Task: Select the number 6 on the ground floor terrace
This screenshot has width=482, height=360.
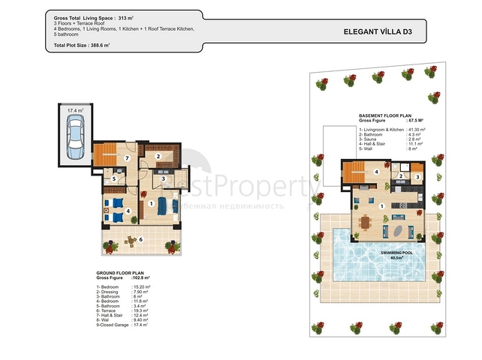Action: (140, 240)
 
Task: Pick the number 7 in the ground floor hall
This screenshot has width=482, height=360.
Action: (128, 159)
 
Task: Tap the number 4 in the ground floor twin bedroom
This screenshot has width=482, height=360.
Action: (128, 211)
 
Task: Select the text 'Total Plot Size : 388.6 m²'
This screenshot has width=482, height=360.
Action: (83, 46)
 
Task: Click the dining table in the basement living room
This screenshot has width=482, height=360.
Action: (366, 223)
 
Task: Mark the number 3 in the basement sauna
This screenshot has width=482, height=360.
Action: (417, 176)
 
